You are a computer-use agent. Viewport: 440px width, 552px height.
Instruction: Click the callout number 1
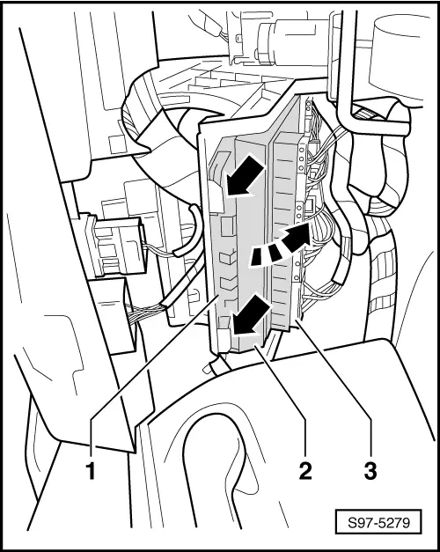pyautogui.click(x=92, y=471)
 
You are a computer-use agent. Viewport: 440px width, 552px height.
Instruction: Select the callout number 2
pyautogui.click(x=304, y=471)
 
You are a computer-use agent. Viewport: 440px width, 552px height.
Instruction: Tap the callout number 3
pyautogui.click(x=370, y=471)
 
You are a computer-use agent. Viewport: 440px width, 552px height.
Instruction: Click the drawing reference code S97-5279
pyautogui.click(x=378, y=523)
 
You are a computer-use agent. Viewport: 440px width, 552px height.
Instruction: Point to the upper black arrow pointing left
pyautogui.click(x=245, y=175)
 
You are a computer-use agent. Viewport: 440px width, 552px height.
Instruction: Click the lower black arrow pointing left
pyautogui.click(x=251, y=315)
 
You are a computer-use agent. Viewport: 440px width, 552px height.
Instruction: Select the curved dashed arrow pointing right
pyautogui.click(x=281, y=245)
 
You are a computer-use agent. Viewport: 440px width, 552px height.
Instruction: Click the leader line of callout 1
pyautogui.click(x=153, y=357)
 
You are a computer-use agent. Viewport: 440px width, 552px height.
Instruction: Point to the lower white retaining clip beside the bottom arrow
pyautogui.click(x=224, y=339)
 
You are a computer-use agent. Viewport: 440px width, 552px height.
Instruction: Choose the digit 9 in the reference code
pyautogui.click(x=406, y=523)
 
